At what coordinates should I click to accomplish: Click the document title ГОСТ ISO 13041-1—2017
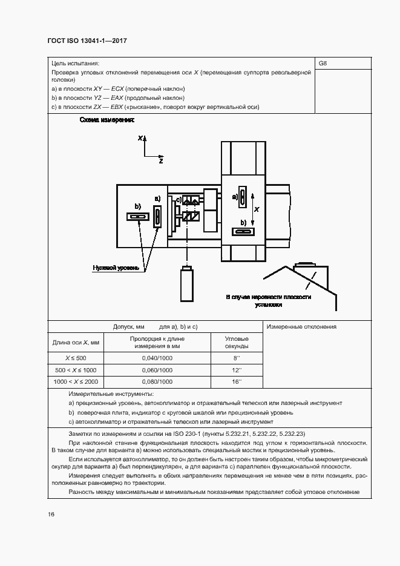click(87, 41)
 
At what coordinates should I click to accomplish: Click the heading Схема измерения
click(107, 120)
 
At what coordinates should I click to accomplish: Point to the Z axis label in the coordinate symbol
click(161, 162)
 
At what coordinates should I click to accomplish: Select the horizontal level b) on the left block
click(137, 217)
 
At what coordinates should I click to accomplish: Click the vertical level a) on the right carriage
click(241, 197)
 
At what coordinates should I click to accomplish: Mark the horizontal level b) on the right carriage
click(244, 231)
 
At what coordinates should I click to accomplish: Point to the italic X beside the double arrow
click(257, 209)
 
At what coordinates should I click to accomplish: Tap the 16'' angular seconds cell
click(237, 382)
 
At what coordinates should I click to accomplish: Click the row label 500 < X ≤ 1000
click(76, 370)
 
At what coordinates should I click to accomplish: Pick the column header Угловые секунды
click(237, 343)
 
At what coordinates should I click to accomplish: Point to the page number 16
click(51, 514)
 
